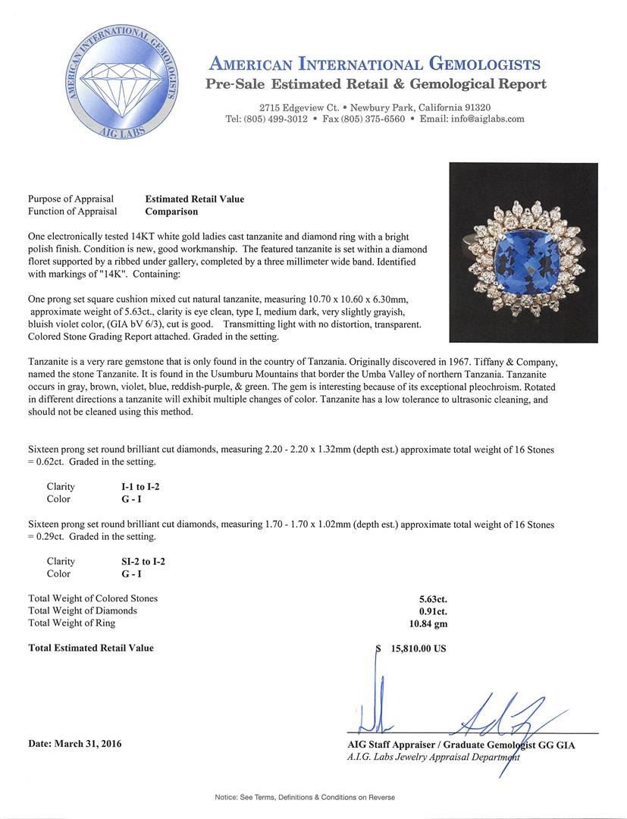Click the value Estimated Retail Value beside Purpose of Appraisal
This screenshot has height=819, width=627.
(195, 199)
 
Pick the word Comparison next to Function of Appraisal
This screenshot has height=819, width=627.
(171, 212)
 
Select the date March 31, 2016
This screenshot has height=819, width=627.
(74, 744)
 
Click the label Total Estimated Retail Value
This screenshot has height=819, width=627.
(91, 648)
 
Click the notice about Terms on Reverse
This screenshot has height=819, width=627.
(305, 797)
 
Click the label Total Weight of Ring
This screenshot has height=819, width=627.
(72, 623)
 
